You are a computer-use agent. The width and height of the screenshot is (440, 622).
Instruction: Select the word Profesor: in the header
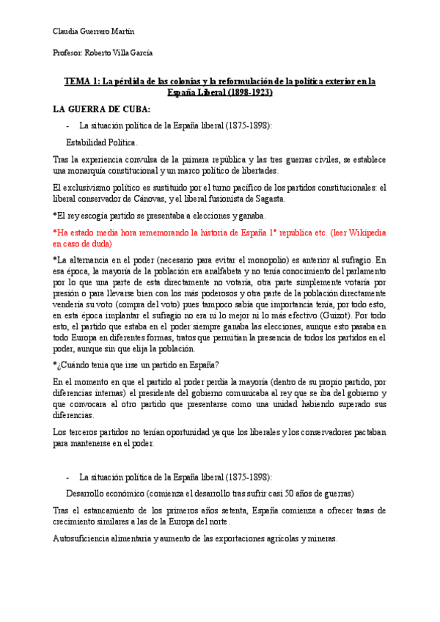(68, 53)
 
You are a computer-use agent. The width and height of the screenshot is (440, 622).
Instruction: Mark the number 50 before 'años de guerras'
(290, 493)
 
